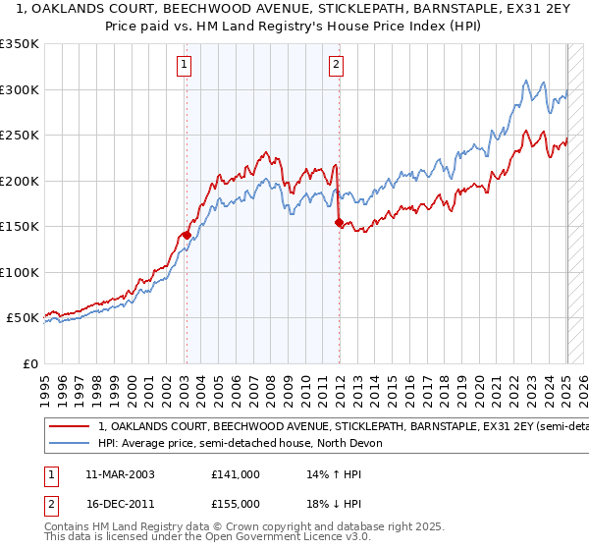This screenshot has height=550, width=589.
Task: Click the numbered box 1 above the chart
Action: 185,66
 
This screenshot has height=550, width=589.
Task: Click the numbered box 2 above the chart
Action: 337,66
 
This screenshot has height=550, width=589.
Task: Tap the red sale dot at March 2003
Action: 186,235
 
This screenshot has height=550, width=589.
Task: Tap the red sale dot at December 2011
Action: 339,223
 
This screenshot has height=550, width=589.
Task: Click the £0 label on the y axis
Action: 29,363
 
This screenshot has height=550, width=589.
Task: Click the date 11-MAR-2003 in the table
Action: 121,474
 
